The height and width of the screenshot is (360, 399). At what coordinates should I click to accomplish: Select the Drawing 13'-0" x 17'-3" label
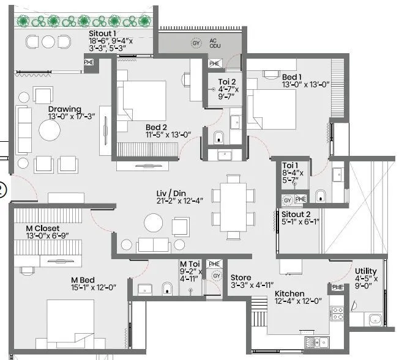point(73,112)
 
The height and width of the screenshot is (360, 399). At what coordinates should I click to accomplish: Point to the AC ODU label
point(214,43)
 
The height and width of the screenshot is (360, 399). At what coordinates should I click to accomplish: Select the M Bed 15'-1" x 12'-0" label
point(91,285)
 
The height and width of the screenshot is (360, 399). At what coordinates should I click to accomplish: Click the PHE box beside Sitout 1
point(89,62)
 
